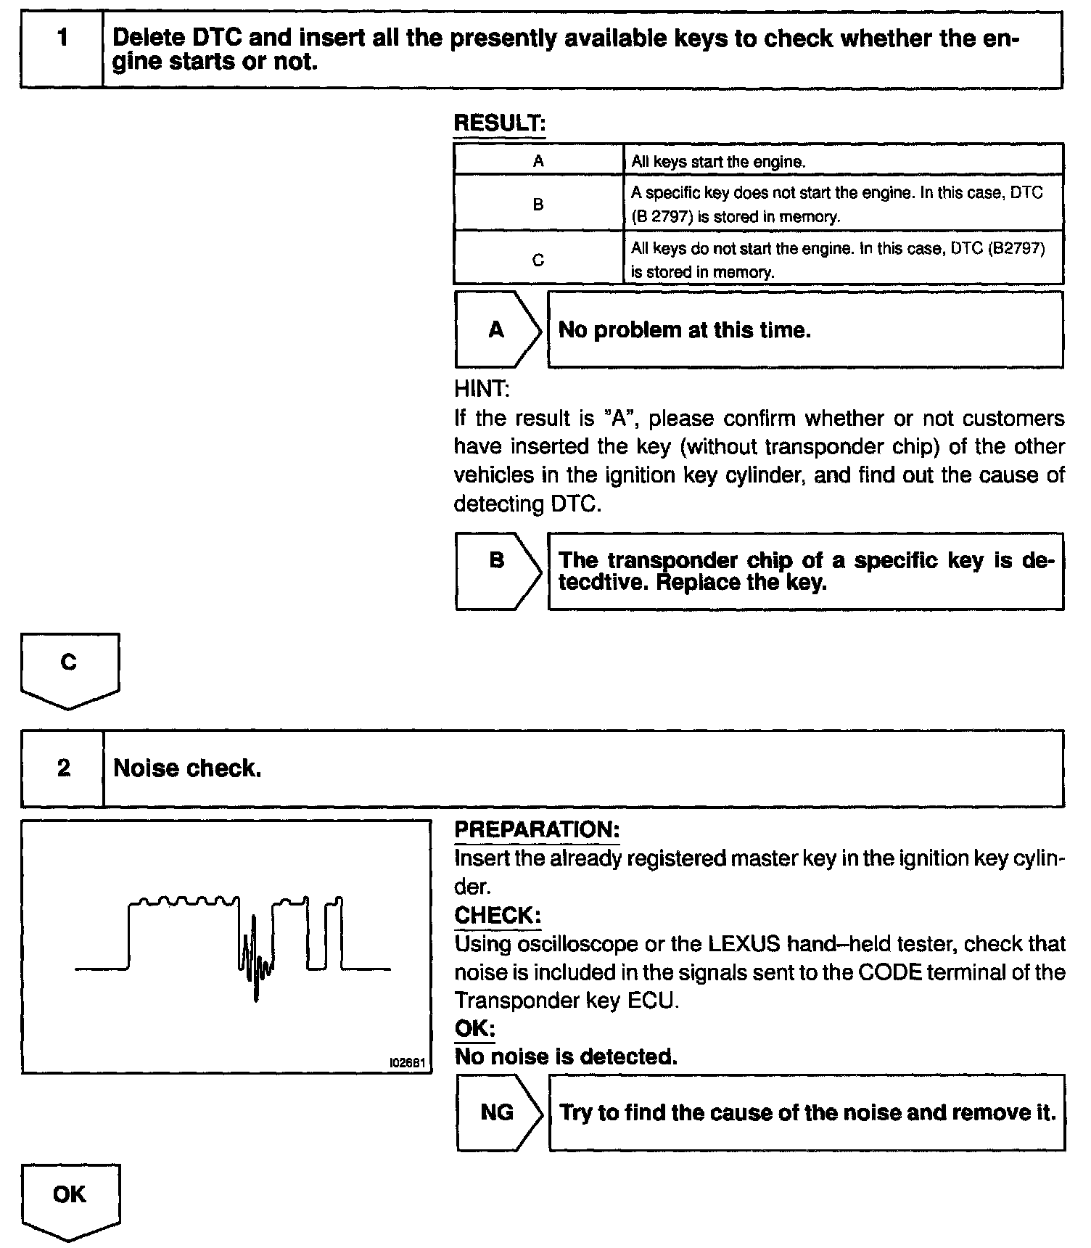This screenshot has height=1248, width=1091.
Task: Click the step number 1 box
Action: pyautogui.click(x=62, y=49)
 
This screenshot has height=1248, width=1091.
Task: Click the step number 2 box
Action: pyautogui.click(x=63, y=768)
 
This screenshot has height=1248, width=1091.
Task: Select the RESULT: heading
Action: pyautogui.click(x=499, y=123)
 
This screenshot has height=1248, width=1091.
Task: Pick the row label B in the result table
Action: pyautogui.click(x=538, y=205)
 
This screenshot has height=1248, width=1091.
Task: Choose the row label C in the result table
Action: pyautogui.click(x=538, y=260)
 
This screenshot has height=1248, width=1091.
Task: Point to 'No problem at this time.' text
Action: pyautogui.click(x=684, y=330)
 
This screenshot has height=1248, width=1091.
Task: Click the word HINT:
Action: pyautogui.click(x=482, y=390)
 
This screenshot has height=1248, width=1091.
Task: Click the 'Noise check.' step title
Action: pyautogui.click(x=187, y=768)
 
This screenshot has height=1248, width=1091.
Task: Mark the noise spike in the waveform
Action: pyautogui.click(x=255, y=958)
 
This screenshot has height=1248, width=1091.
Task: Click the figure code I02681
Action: pyautogui.click(x=407, y=1062)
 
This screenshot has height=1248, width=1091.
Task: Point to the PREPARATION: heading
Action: pyautogui.click(x=537, y=830)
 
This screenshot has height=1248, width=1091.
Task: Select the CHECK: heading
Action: pyautogui.click(x=498, y=916)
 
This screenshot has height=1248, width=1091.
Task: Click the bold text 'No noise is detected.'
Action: pyautogui.click(x=566, y=1056)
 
